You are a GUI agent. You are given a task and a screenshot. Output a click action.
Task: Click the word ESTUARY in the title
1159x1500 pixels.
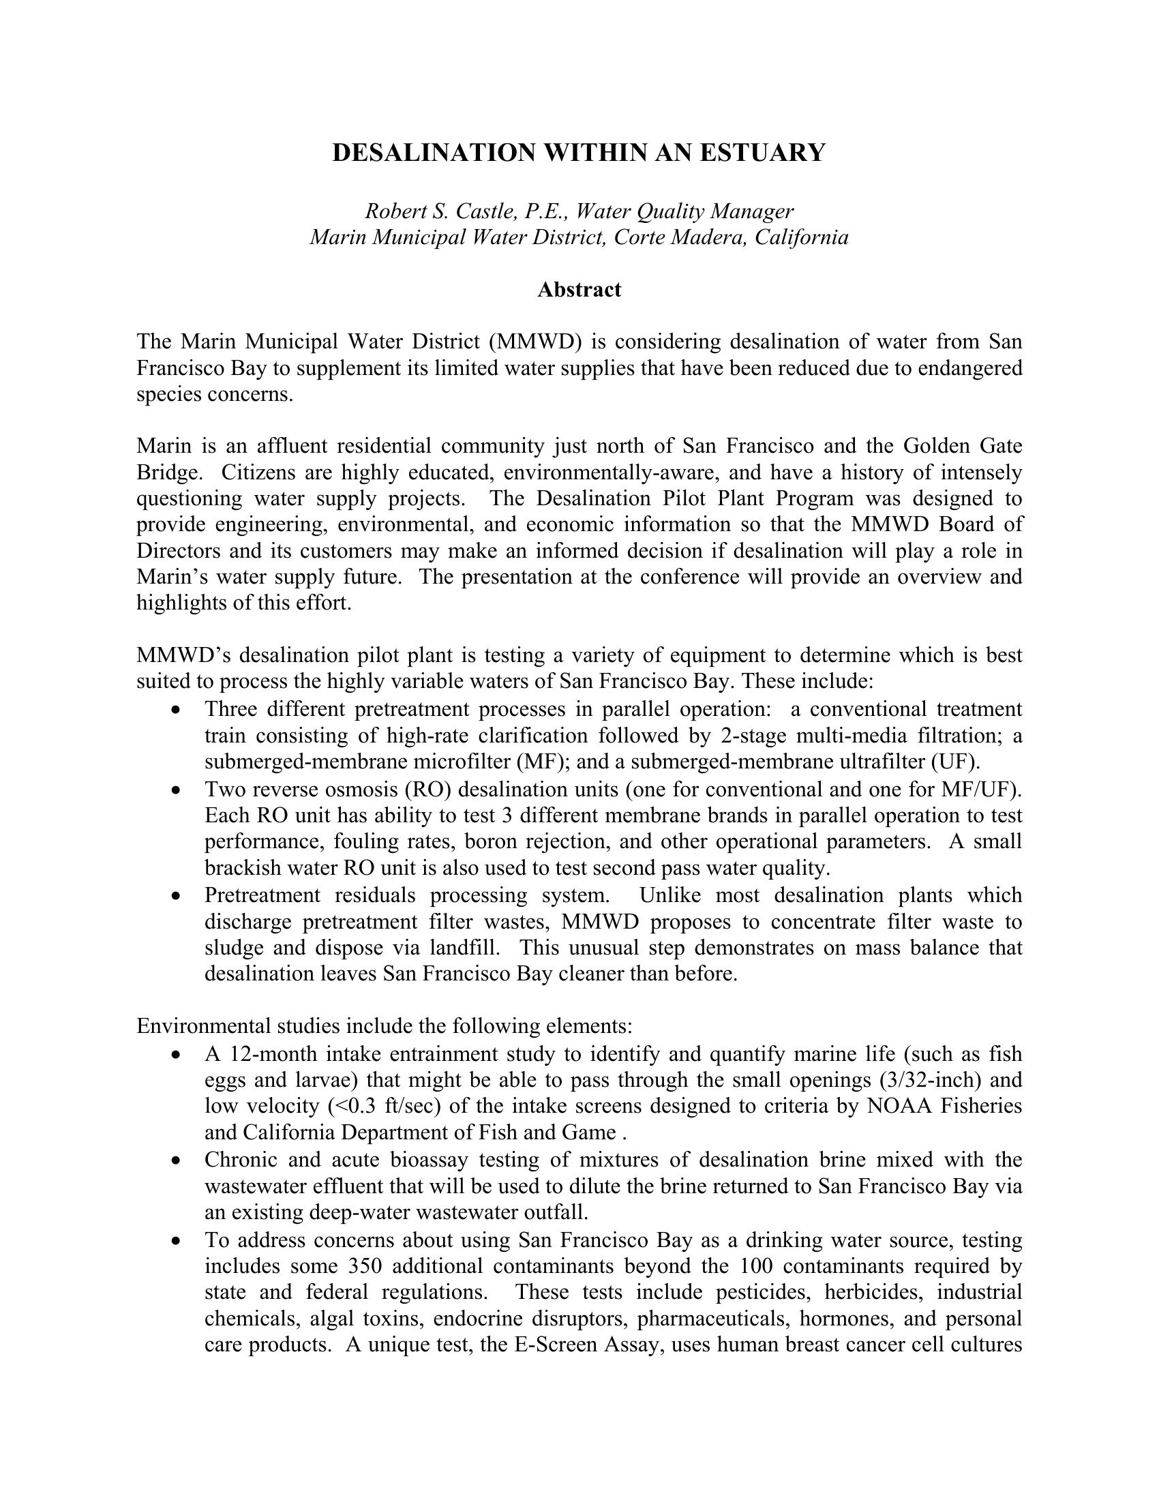[x=762, y=153]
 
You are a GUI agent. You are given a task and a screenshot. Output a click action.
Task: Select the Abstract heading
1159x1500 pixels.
[x=579, y=290]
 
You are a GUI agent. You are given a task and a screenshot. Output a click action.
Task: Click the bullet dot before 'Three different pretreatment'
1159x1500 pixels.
[x=177, y=710]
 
